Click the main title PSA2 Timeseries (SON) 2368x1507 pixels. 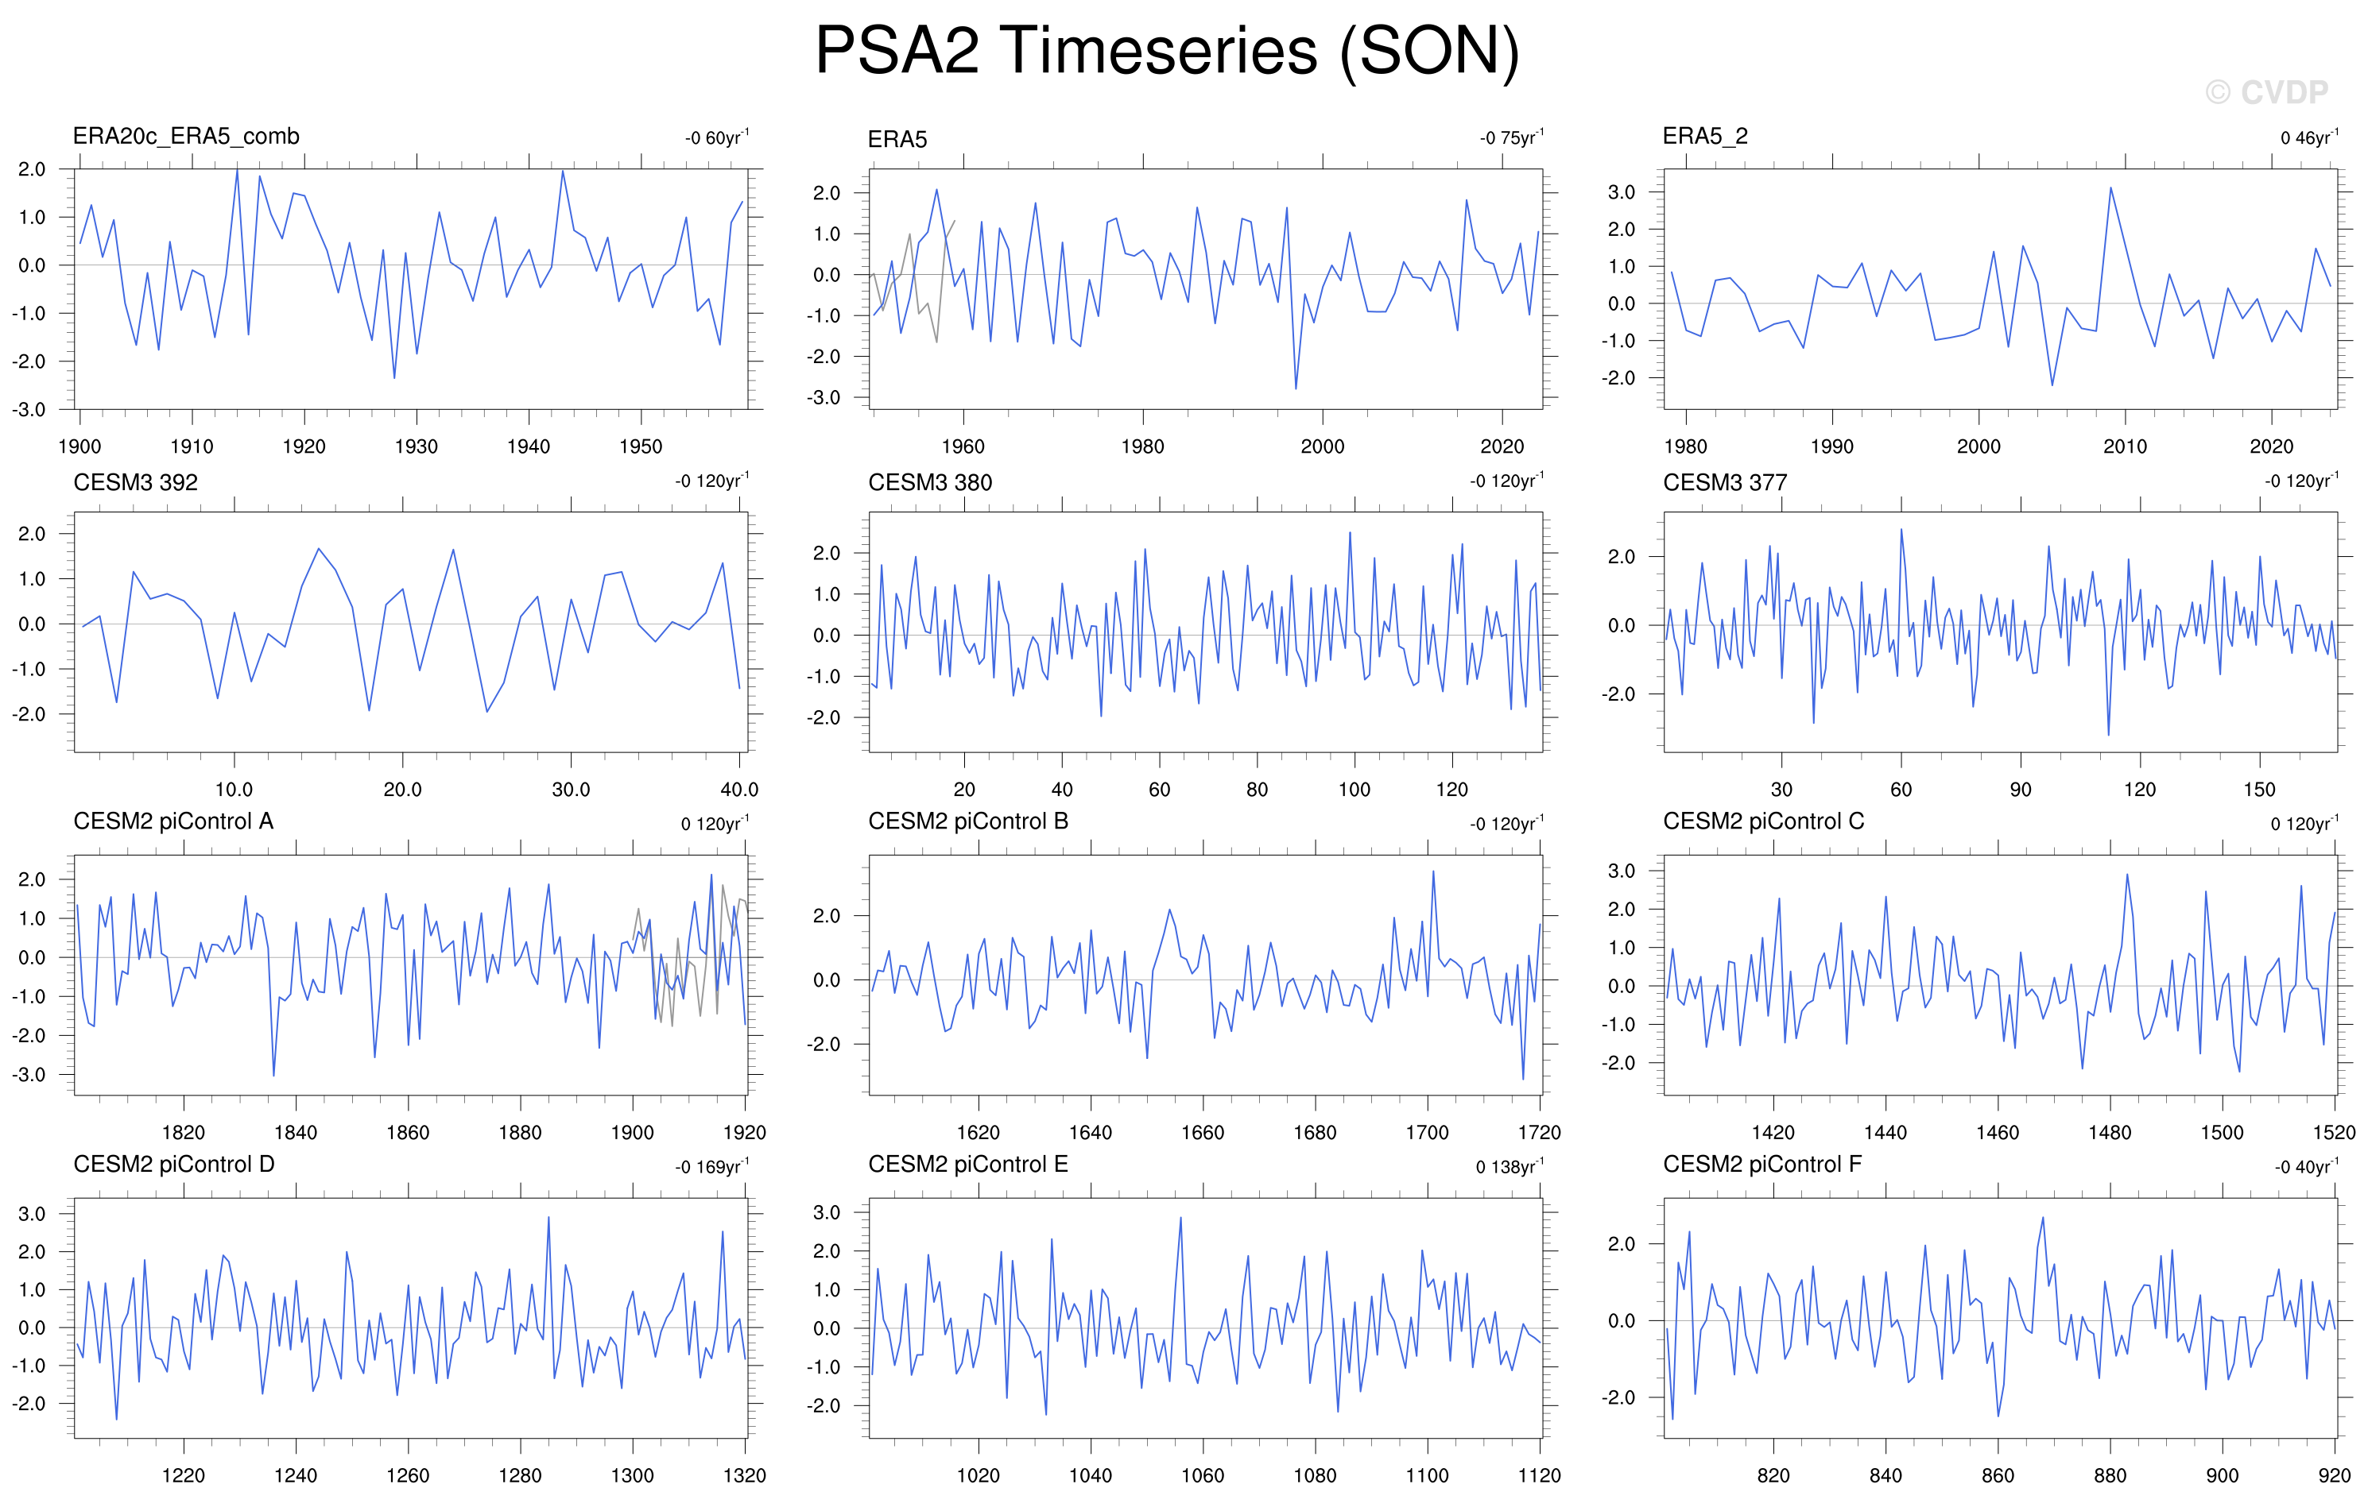pyautogui.click(x=1167, y=50)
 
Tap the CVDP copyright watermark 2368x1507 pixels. pyautogui.click(x=2267, y=92)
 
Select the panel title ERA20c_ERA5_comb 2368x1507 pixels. pyautogui.click(x=186, y=137)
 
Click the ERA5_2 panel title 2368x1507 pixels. pyautogui.click(x=1705, y=137)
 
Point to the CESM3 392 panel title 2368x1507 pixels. pyautogui.click(x=136, y=483)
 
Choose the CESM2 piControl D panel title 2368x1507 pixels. pyautogui.click(x=174, y=1164)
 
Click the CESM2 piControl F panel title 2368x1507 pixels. pyautogui.click(x=1762, y=1164)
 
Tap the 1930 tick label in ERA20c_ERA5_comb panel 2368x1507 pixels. pyautogui.click(x=416, y=446)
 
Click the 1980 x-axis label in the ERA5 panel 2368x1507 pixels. pyautogui.click(x=1143, y=446)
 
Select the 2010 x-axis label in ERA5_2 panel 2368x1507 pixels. pyautogui.click(x=2125, y=446)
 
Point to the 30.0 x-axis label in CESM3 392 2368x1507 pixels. pyautogui.click(x=571, y=790)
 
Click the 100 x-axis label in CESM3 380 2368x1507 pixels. pyautogui.click(x=1355, y=790)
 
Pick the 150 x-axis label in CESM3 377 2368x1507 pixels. pyautogui.click(x=2259, y=790)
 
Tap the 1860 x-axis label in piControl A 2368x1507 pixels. pyautogui.click(x=407, y=1133)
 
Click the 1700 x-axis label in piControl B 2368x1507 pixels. pyautogui.click(x=1427, y=1133)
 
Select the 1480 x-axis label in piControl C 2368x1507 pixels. pyautogui.click(x=2110, y=1133)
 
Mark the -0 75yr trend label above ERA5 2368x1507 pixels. pyautogui.click(x=1511, y=137)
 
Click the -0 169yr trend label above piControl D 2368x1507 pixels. pyautogui.click(x=712, y=1167)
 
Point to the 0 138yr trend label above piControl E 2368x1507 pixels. pyautogui.click(x=1510, y=1167)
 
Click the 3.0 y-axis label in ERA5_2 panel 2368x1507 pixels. pyautogui.click(x=1622, y=193)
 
